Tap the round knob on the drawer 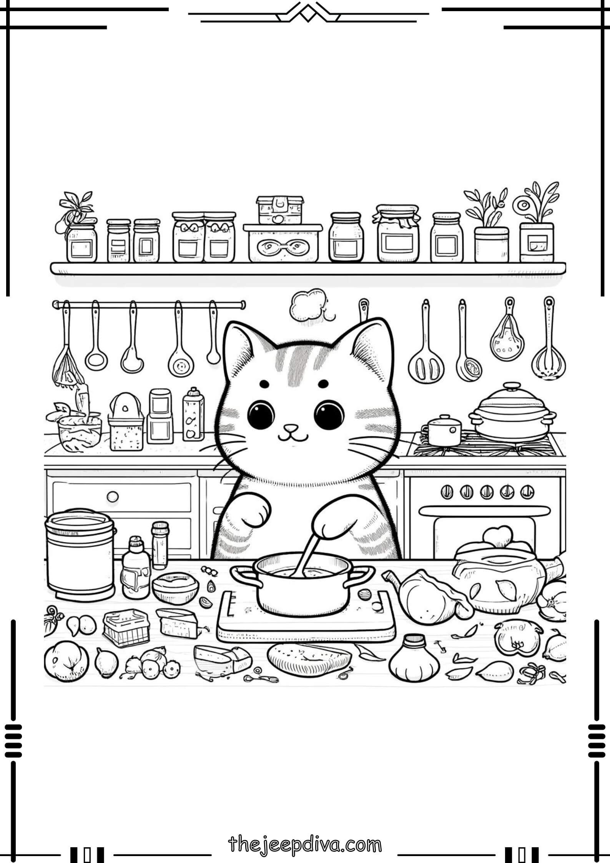[113, 497]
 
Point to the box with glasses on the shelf [283, 244]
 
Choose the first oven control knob [446, 491]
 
